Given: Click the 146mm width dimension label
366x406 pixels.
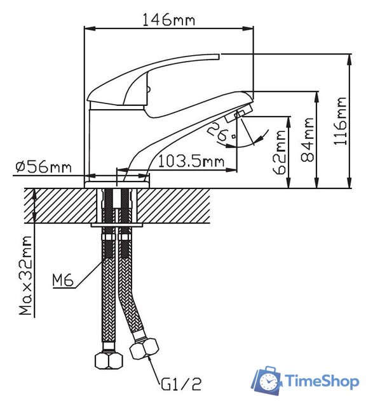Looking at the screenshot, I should point(170,20).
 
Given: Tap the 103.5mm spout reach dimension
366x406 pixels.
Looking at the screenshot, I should point(191,162).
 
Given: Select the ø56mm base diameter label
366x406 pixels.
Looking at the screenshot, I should point(43,167).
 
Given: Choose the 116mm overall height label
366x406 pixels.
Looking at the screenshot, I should point(341,121).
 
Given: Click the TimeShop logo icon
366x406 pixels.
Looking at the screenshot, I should point(268,380).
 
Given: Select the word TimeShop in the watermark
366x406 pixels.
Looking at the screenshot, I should point(320,381).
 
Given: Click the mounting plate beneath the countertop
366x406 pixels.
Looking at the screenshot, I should point(118,224).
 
